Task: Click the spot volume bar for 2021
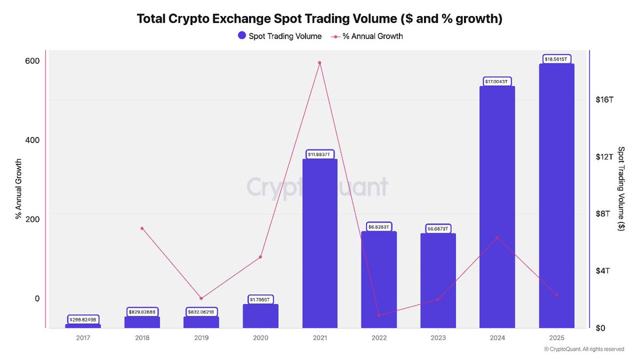319,243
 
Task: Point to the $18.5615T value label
556,59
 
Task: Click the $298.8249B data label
83,319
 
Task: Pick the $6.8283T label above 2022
379,227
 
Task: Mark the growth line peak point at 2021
319,63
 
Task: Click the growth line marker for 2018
142,228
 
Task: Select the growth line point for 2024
497,237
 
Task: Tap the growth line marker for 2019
201,298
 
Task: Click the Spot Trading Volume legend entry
279,36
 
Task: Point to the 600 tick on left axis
33,61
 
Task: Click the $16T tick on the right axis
605,100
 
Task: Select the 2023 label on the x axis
438,338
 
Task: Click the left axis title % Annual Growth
18,189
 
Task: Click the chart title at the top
320,19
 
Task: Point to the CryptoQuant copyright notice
583,349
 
